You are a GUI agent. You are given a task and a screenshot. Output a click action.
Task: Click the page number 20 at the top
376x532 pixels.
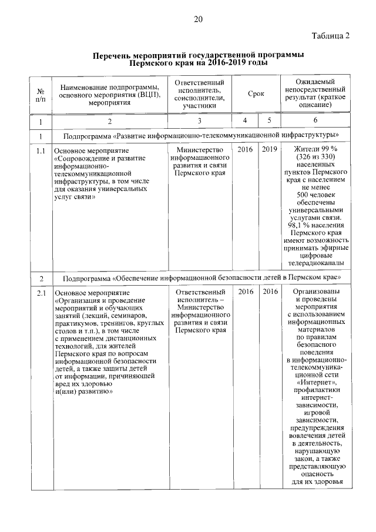198,20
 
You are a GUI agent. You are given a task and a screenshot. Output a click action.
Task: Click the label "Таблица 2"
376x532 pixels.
331,36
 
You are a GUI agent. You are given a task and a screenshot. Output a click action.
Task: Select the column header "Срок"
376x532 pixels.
256,93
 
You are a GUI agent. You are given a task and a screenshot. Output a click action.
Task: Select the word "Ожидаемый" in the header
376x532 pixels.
315,81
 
